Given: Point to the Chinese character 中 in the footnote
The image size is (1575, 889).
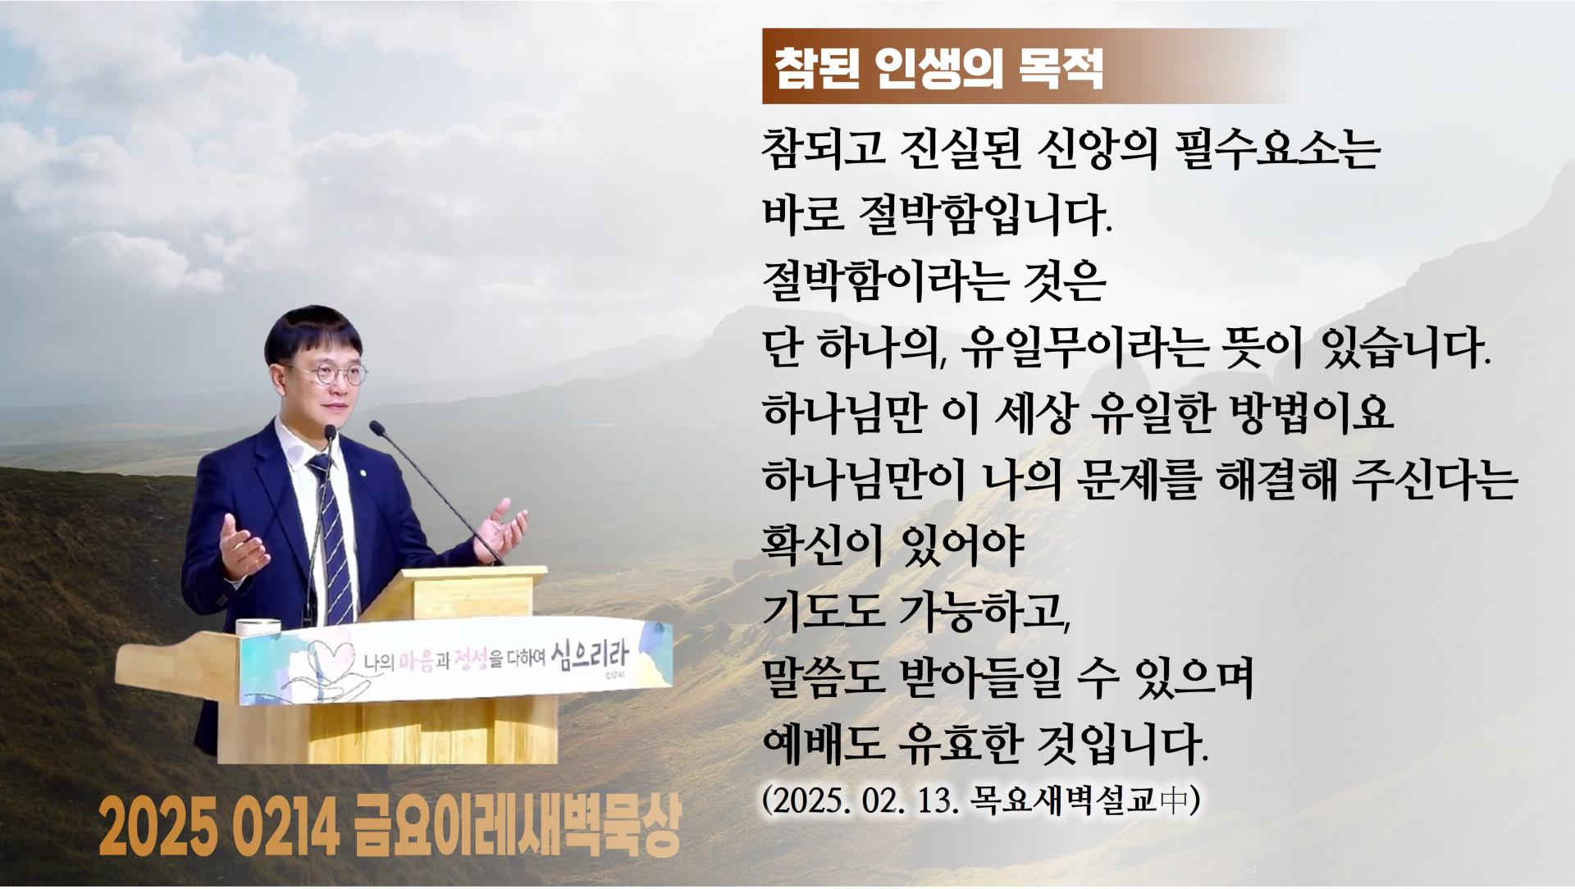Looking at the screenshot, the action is pyautogui.click(x=1175, y=800).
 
